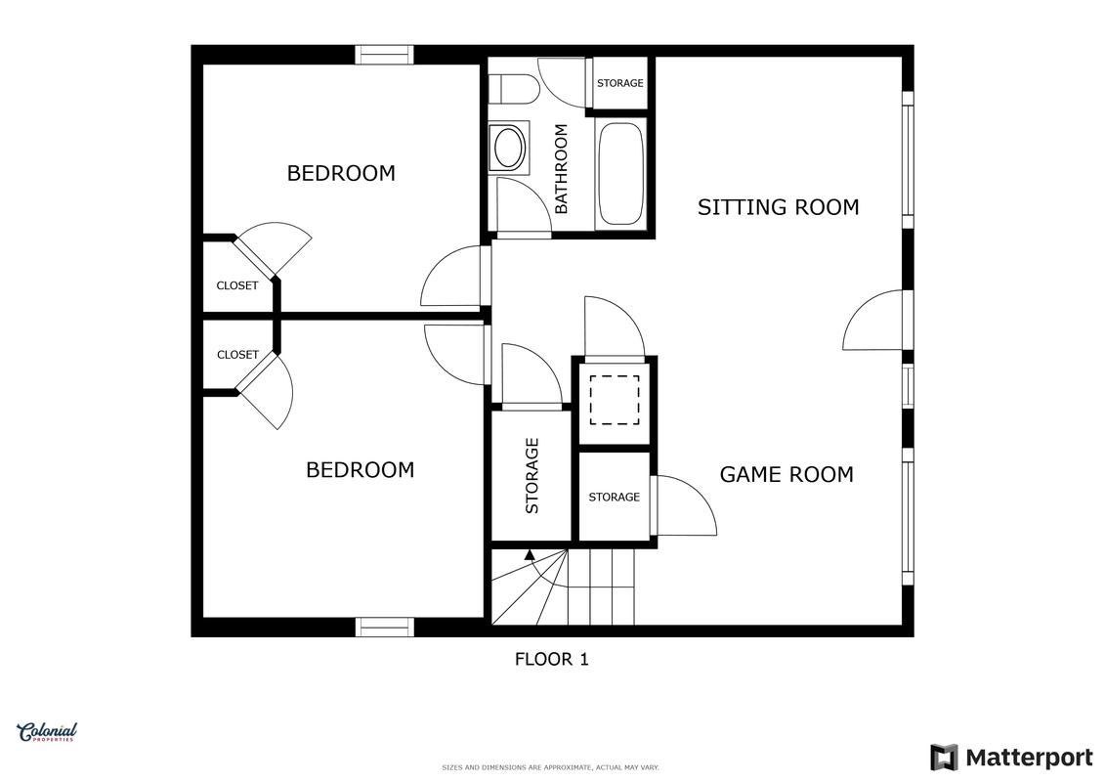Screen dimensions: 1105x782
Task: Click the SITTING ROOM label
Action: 778,206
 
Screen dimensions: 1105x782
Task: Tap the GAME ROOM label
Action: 786,474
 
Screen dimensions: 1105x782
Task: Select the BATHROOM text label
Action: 561,168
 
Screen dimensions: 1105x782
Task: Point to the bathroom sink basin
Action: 509,147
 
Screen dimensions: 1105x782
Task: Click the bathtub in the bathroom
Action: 620,173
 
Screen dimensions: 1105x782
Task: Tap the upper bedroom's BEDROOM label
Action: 341,173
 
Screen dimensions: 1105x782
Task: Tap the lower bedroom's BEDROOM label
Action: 361,469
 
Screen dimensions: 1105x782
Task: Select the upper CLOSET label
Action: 236,285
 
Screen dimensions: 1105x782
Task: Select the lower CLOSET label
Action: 237,355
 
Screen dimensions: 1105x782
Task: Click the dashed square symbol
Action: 615,400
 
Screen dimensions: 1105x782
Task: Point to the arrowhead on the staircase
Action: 530,554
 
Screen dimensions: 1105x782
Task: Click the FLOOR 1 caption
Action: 552,659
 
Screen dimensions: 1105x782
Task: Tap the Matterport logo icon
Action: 945,758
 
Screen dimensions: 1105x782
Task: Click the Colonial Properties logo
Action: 47,733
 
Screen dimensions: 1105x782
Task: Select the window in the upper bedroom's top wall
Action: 384,55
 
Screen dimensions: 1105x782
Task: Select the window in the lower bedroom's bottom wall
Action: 384,627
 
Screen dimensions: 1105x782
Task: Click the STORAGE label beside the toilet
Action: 620,83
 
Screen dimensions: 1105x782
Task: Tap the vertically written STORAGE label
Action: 532,475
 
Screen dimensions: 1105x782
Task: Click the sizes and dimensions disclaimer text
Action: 550,767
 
